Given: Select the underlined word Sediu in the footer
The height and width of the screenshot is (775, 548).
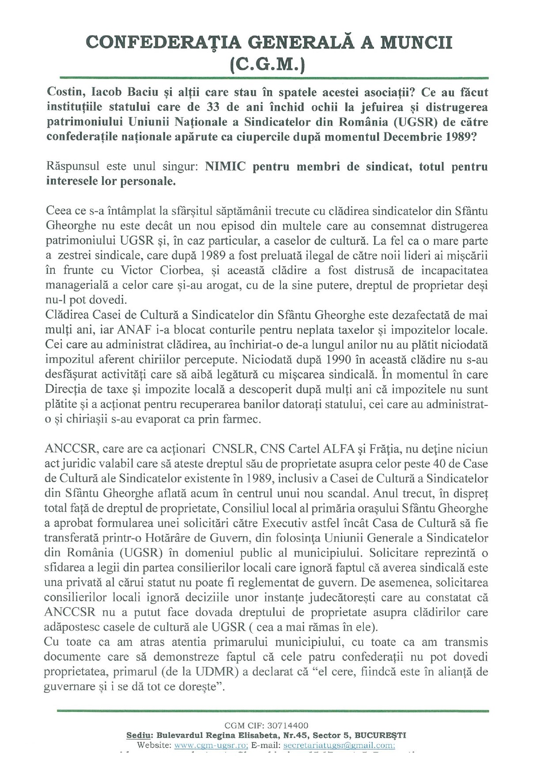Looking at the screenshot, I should pyautogui.click(x=138, y=735).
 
